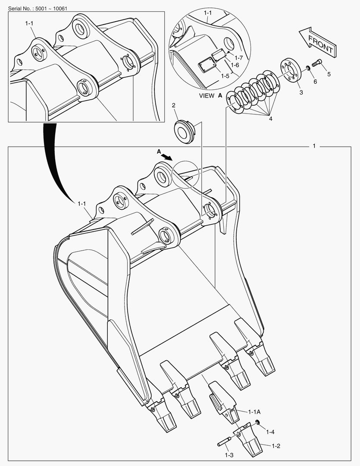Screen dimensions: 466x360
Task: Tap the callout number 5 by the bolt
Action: pyautogui.click(x=329, y=74)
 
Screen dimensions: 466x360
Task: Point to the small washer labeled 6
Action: pyautogui.click(x=309, y=68)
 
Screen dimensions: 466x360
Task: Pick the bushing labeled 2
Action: pyautogui.click(x=184, y=131)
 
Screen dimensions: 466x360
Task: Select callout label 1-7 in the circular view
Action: pyautogui.click(x=238, y=57)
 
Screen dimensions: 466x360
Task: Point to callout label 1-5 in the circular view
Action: pyautogui.click(x=225, y=76)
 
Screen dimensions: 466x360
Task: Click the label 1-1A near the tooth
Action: pyautogui.click(x=254, y=412)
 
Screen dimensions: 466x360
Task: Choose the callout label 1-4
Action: pyautogui.click(x=270, y=431)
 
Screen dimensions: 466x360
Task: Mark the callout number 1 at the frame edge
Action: pyautogui.click(x=314, y=146)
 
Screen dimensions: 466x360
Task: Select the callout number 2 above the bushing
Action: pyautogui.click(x=174, y=105)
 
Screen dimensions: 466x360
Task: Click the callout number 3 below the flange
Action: pyautogui.click(x=301, y=92)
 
